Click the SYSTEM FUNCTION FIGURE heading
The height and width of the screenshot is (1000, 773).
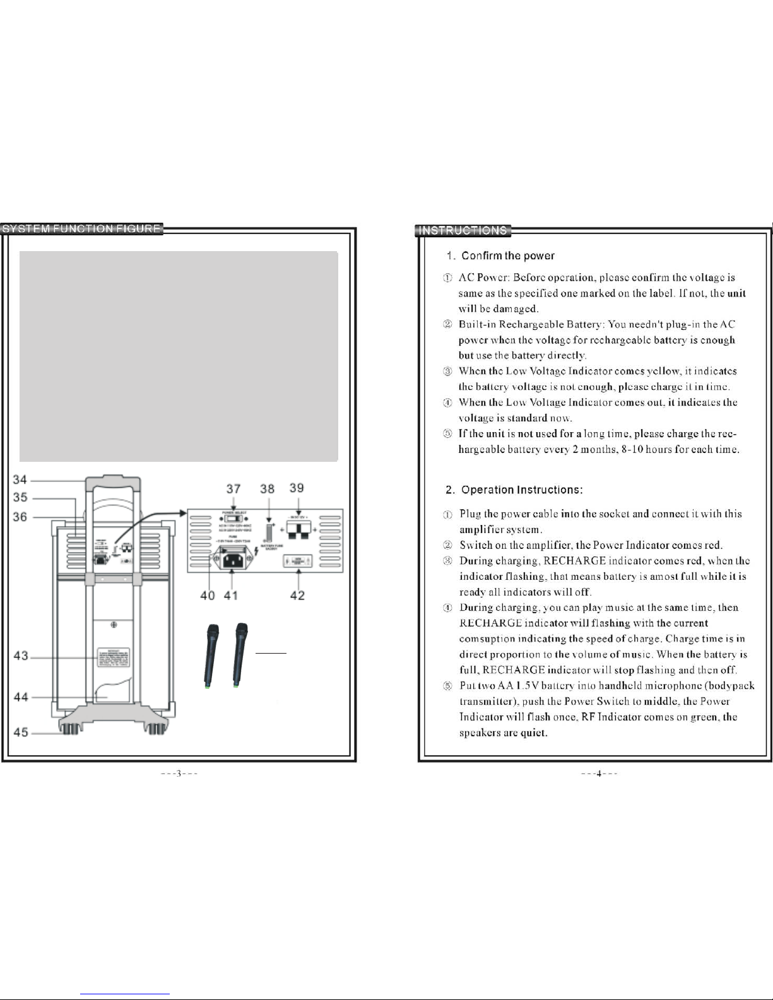(82, 229)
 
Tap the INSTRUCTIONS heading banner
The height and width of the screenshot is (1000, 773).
(463, 230)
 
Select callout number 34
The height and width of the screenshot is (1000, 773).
(20, 481)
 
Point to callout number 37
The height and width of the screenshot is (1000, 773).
(233, 489)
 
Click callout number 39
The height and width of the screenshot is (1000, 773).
(297, 488)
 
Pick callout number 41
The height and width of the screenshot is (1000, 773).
(232, 595)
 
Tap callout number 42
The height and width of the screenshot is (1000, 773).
(297, 595)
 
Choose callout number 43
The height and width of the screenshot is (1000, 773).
(21, 656)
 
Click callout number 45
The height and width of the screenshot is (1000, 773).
(21, 732)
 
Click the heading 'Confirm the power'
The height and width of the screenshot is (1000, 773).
(507, 256)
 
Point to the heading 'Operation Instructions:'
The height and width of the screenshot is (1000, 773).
(522, 490)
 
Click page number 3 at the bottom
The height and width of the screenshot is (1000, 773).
(179, 774)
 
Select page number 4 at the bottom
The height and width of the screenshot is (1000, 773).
(599, 774)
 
